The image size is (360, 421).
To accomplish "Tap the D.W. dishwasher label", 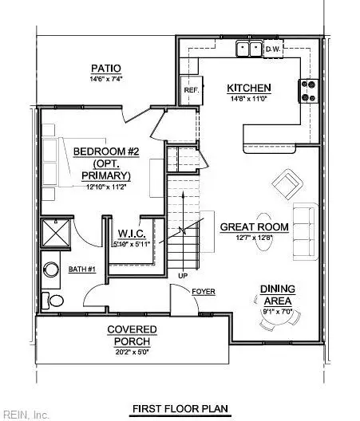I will [274, 50].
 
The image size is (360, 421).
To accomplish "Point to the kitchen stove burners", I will [310, 92].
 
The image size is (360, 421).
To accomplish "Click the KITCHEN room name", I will [249, 88].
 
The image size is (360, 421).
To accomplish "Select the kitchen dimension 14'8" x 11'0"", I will [249, 99].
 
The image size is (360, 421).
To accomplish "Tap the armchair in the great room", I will [287, 185].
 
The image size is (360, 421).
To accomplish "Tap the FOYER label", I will [204, 292].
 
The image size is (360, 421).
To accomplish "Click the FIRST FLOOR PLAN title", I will [180, 409].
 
